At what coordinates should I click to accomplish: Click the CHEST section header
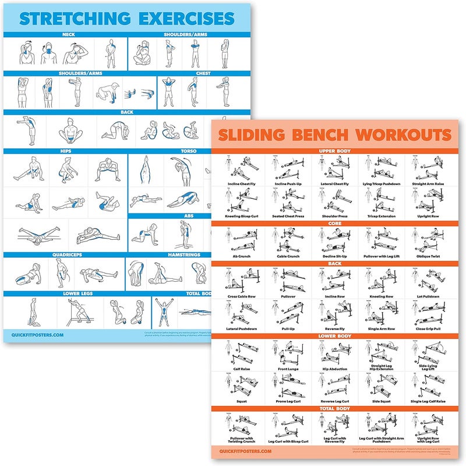(203, 73)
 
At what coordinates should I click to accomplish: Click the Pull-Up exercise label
(288, 329)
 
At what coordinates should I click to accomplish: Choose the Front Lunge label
(288, 369)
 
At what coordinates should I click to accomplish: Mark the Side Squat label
(382, 401)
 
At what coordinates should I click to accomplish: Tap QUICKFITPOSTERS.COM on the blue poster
(38, 335)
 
